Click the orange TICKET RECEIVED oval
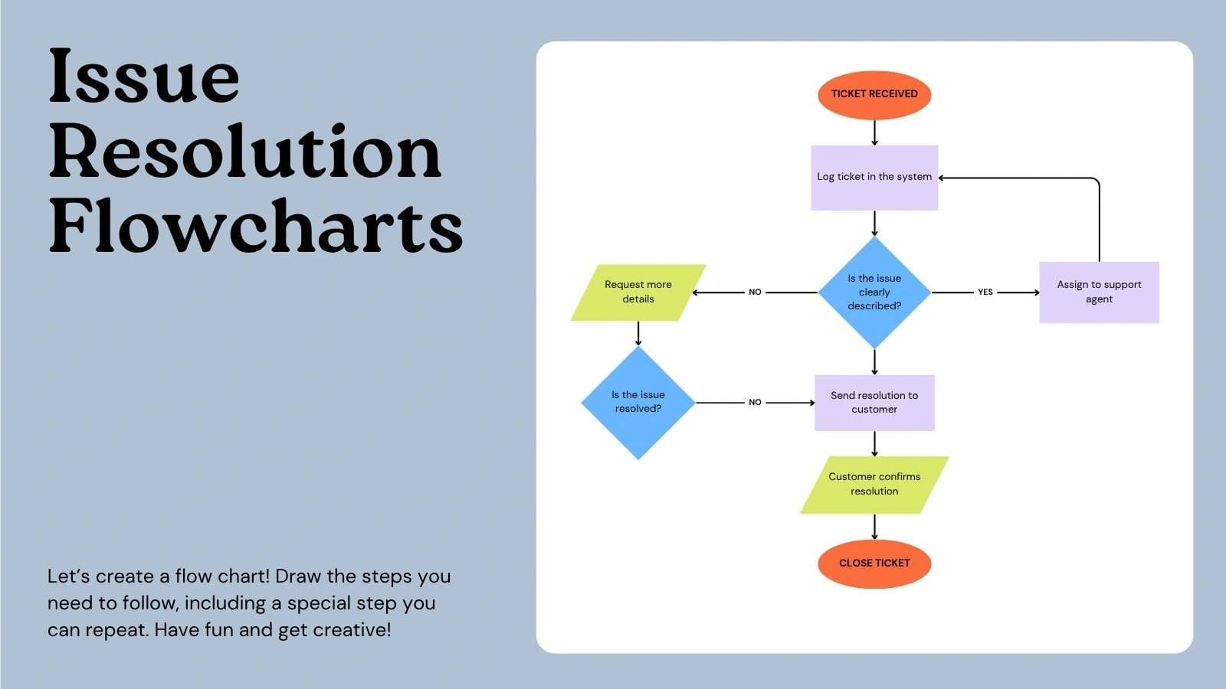(874, 95)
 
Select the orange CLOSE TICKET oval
(874, 563)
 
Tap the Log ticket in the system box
(874, 178)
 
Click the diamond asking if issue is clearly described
(874, 292)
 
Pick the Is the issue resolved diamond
(638, 403)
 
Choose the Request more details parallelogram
(638, 292)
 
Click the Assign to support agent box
(1099, 292)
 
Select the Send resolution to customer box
(874, 403)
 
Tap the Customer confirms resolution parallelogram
(874, 485)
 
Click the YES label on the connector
(985, 292)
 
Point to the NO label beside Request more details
(755, 292)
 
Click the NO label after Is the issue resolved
(755, 402)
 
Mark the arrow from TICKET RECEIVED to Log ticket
(874, 133)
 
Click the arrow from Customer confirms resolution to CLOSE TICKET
(874, 527)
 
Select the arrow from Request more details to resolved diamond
(638, 334)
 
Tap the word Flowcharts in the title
(256, 226)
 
